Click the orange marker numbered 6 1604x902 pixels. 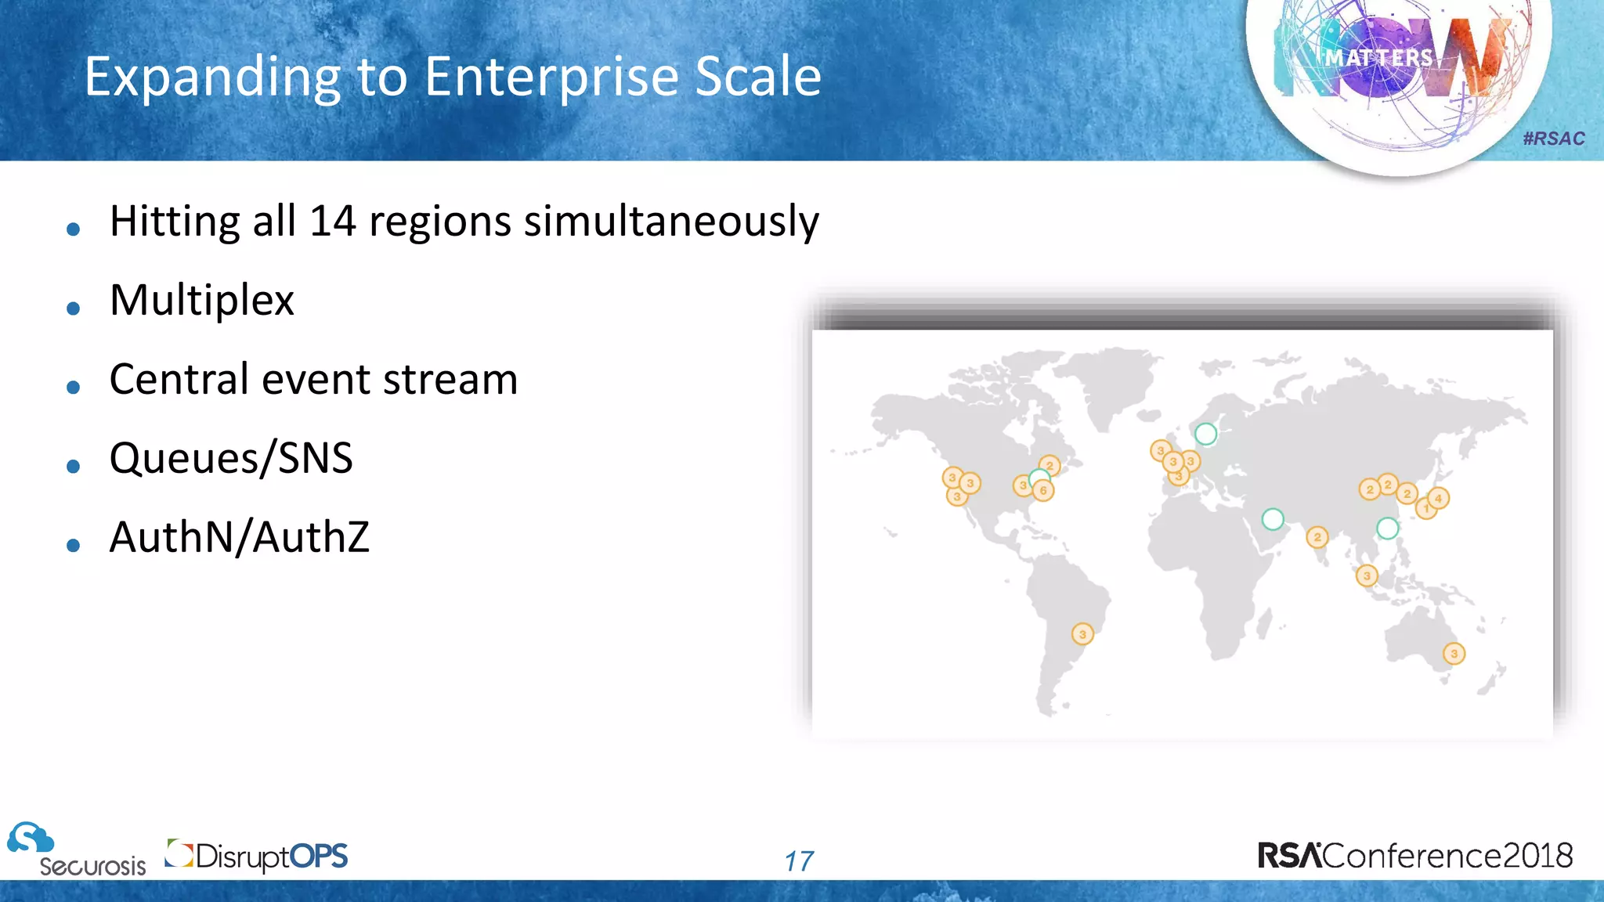(x=1043, y=490)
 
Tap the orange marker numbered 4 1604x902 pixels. (x=1439, y=498)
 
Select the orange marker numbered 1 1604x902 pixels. (x=1426, y=510)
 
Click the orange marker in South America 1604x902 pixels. (x=1082, y=634)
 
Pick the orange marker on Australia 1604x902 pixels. (x=1454, y=654)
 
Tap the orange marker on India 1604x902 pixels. (x=1317, y=537)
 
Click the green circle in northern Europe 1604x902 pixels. (x=1206, y=434)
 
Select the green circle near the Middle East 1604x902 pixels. (x=1273, y=519)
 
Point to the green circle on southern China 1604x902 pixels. (x=1388, y=529)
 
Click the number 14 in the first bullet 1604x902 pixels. (x=333, y=222)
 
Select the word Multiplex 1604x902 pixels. (x=202, y=301)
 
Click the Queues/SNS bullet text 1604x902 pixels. (x=231, y=459)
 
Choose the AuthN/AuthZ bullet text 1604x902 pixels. (x=239, y=538)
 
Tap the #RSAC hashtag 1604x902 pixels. (x=1554, y=139)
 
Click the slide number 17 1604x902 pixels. (x=799, y=861)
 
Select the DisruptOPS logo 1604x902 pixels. (x=257, y=856)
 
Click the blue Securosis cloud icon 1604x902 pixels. (x=30, y=838)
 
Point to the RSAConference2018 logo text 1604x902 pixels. (x=1414, y=856)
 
